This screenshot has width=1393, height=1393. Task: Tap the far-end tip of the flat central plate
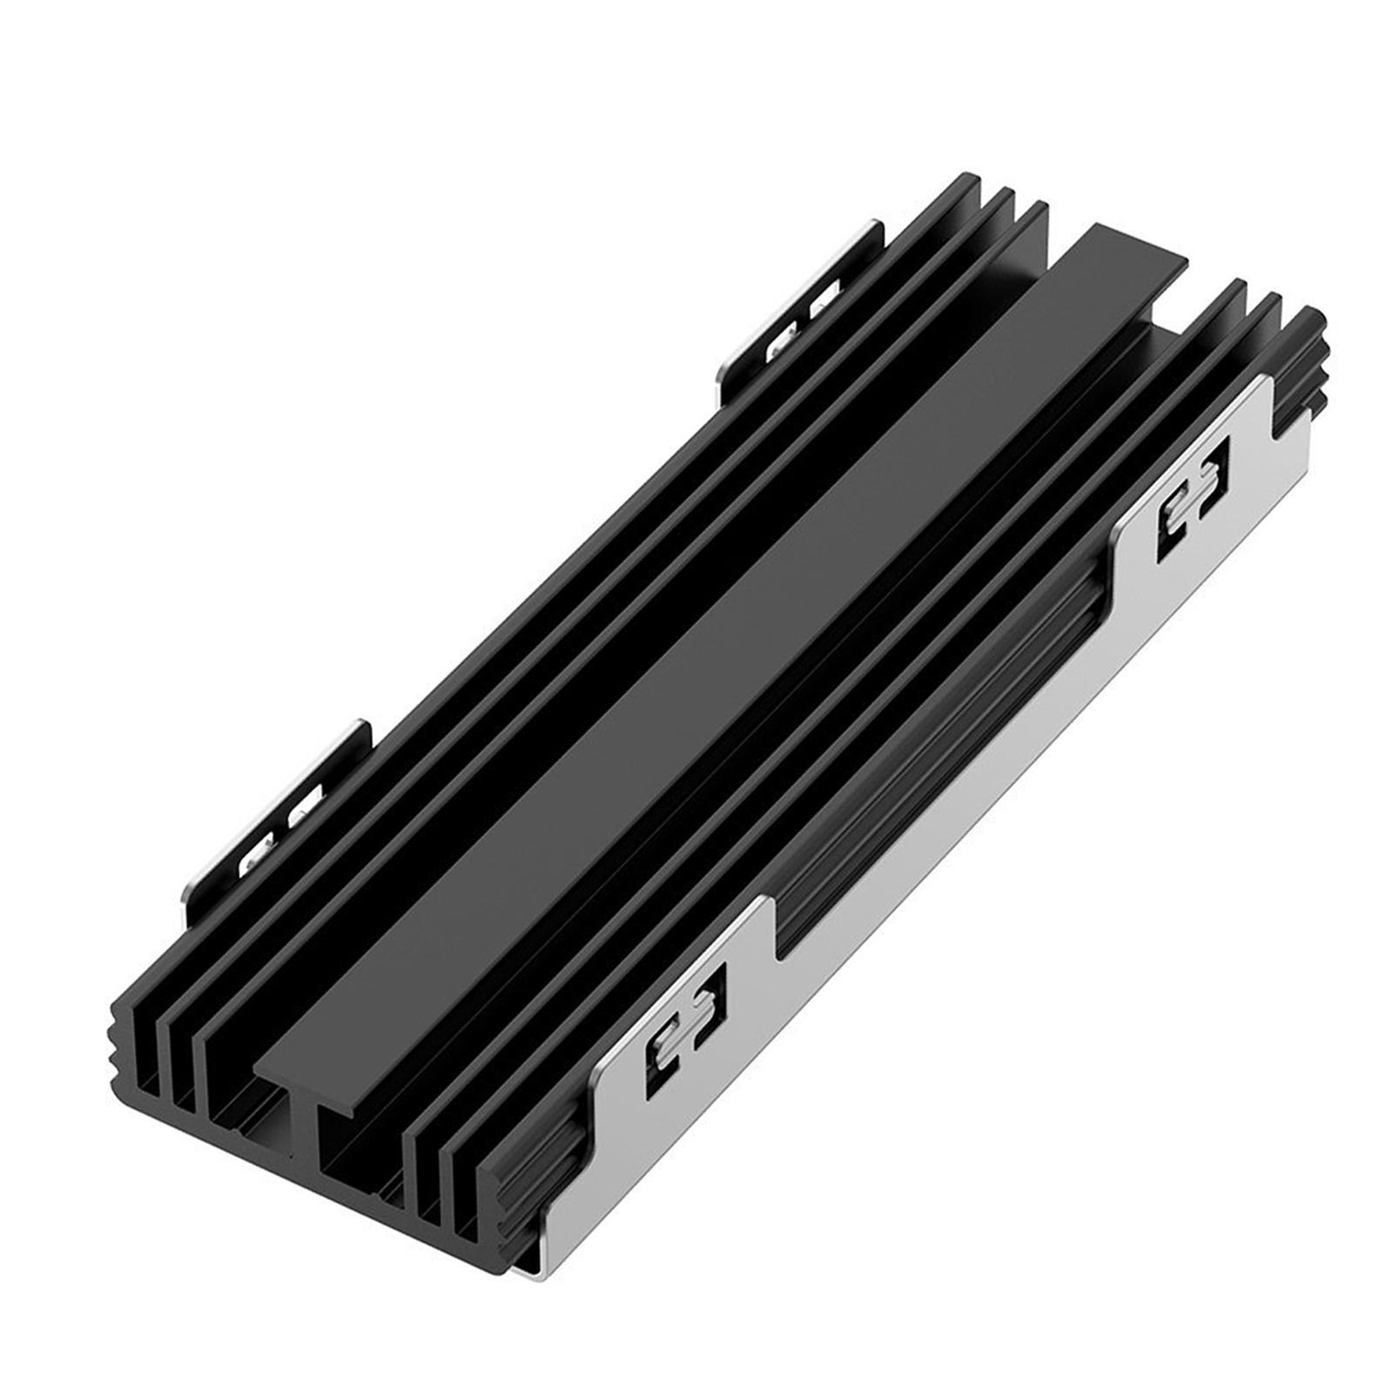coord(1132,244)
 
